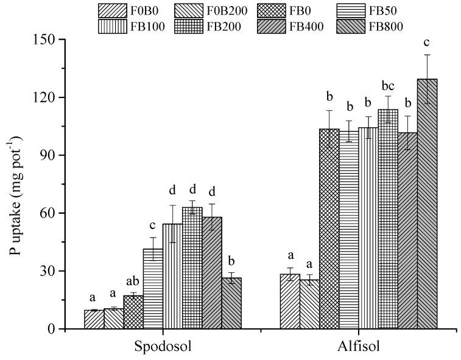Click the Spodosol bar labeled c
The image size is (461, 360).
pos(153,289)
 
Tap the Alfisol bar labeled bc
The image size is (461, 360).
pos(387,219)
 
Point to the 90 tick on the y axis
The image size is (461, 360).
pos(48,155)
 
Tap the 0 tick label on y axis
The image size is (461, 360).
pos(51,330)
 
